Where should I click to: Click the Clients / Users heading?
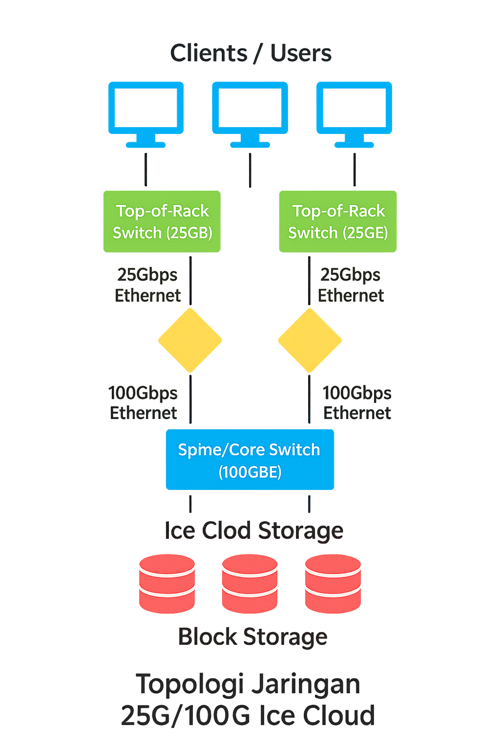tap(250, 53)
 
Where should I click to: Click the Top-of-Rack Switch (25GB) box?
tap(162, 221)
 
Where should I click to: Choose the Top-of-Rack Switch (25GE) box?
tap(338, 221)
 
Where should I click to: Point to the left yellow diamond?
tap(190, 340)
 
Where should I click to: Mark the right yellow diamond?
tap(310, 340)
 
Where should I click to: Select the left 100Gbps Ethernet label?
tap(143, 403)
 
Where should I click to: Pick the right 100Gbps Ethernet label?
tap(357, 403)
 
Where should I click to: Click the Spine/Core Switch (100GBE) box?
tap(250, 460)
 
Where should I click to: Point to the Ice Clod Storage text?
tap(254, 530)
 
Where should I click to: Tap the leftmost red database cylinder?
tap(167, 583)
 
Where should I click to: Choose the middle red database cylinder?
tap(250, 583)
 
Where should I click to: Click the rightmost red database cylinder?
tap(333, 583)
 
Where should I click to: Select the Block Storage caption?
tap(252, 637)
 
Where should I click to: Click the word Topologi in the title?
tap(189, 684)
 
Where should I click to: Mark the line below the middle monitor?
tap(250, 170)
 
